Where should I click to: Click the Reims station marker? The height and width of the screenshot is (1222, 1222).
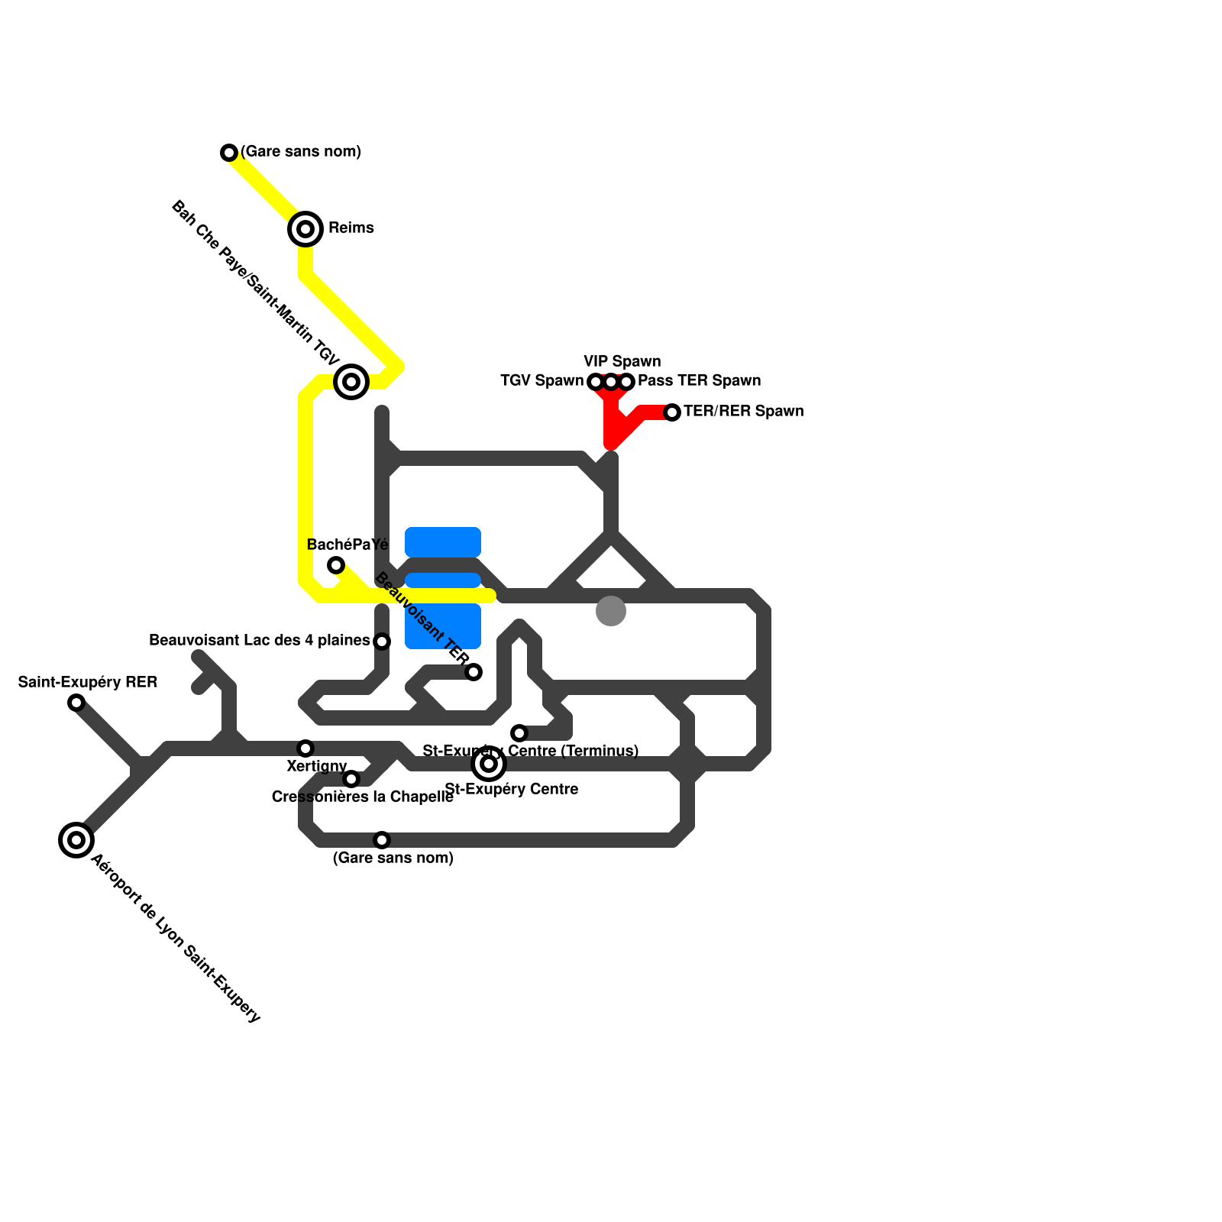305,228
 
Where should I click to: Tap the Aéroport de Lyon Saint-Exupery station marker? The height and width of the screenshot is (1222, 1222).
76,840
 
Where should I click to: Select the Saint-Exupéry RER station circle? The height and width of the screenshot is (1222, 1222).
76,703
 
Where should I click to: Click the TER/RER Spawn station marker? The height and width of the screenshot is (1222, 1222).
672,412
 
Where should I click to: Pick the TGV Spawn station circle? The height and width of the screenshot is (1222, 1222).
596,381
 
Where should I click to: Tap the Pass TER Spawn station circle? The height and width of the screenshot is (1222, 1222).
626,381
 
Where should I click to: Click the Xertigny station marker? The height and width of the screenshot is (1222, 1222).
305,748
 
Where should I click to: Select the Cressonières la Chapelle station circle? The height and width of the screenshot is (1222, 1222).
351,779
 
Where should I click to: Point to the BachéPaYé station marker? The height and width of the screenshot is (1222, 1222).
336,565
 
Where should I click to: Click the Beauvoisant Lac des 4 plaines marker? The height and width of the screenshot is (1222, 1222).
382,642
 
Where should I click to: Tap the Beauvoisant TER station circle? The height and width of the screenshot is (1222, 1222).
474,672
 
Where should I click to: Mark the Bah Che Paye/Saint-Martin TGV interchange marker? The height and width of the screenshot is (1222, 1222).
351,381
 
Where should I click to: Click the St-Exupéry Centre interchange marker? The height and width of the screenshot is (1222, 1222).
489,764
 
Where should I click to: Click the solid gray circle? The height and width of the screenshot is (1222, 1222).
611,610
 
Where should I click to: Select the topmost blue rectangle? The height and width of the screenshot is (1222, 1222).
443,541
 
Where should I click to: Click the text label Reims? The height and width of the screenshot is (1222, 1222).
351,228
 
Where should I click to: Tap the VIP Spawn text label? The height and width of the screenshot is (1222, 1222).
622,361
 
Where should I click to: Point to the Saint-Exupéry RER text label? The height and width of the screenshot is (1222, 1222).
88,682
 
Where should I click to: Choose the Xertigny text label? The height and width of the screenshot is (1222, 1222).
317,766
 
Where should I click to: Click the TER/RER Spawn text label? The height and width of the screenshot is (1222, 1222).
743,411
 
